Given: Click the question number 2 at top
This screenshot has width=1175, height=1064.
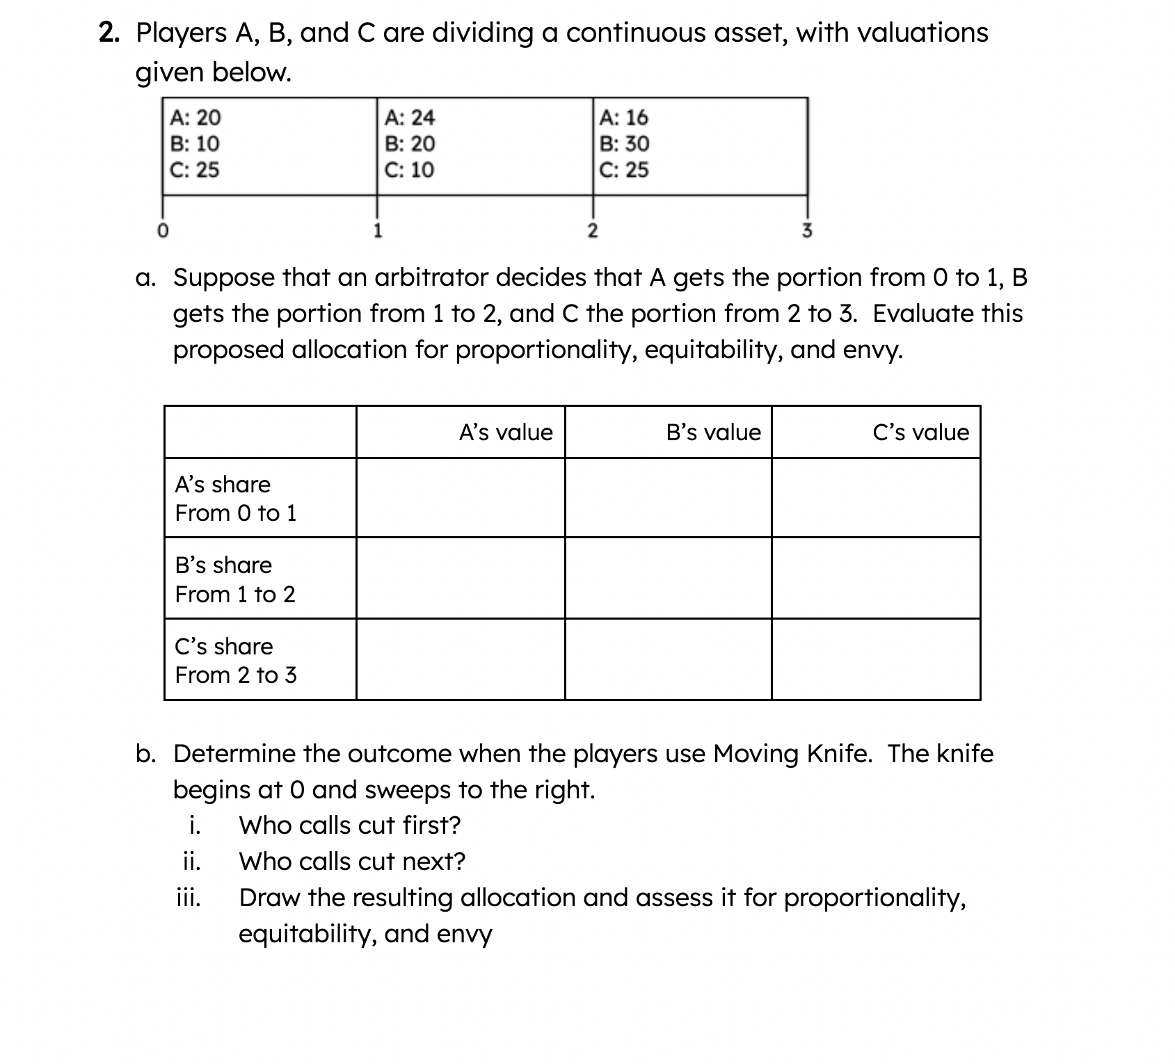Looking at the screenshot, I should click(x=107, y=33).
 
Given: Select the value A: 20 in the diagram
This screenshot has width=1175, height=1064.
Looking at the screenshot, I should click(x=195, y=118).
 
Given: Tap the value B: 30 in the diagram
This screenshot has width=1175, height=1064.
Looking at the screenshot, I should click(x=624, y=144).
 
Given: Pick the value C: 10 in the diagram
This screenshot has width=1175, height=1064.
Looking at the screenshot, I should click(x=409, y=170).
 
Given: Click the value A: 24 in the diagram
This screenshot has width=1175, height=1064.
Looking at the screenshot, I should click(x=409, y=118).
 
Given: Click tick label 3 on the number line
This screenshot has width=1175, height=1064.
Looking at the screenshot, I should click(x=807, y=231).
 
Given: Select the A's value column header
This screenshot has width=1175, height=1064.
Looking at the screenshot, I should click(x=505, y=433).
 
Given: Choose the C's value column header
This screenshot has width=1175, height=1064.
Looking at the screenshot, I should click(x=920, y=433).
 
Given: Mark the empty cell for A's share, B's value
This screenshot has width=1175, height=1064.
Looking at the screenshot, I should click(x=668, y=498).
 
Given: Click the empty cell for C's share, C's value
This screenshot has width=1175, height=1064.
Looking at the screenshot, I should click(x=876, y=659).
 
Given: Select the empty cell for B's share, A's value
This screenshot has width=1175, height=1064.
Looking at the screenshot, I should click(x=461, y=578).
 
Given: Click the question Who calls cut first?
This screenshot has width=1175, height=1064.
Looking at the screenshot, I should click(x=349, y=825).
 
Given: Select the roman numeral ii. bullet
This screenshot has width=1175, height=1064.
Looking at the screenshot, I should click(x=191, y=862).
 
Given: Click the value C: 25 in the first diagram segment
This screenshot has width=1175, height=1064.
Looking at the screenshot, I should click(x=195, y=170).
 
